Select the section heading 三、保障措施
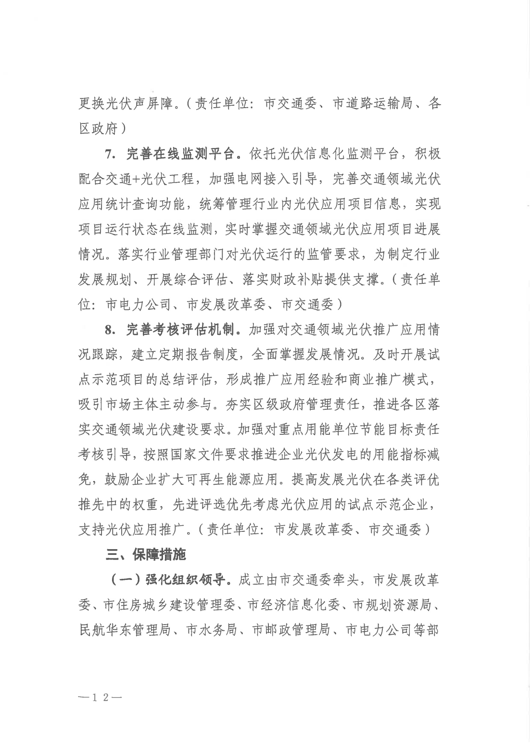[x=146, y=555]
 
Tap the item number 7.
[x=109, y=154]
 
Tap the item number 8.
[x=109, y=330]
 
